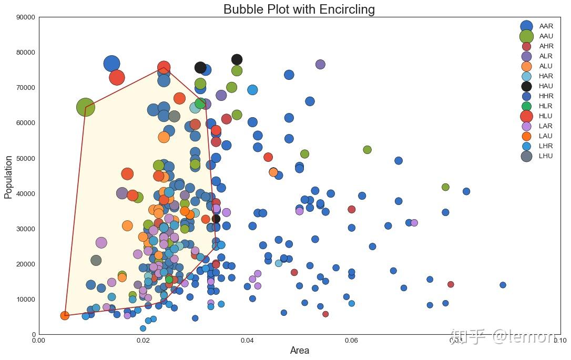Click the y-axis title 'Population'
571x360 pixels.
pos(8,176)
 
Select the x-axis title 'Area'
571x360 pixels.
pos(299,351)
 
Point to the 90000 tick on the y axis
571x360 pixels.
pos(26,17)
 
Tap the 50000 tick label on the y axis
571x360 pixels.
pos(26,158)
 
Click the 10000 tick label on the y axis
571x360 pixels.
pos(26,299)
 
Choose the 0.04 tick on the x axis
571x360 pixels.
pos(247,341)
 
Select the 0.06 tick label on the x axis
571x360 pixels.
pos(351,341)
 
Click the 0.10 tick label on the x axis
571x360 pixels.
pos(559,341)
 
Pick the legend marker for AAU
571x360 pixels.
pos(527,36)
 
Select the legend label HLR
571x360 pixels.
pos(546,106)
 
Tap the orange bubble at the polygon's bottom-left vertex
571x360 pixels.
pos(65,315)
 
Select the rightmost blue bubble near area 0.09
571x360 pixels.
pos(503,285)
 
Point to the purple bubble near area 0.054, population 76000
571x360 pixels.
pos(320,64)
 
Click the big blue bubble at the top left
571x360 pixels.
pos(111,64)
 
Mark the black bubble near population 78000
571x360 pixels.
pos(237,59)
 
